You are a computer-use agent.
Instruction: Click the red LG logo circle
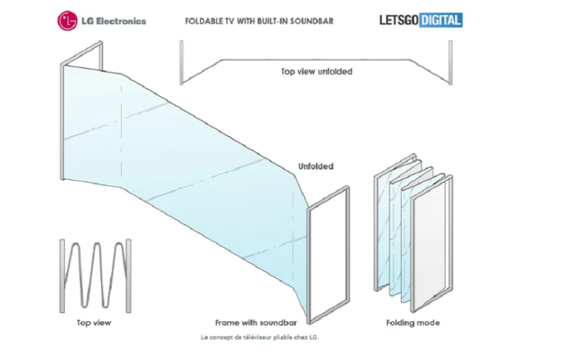pyautogui.click(x=68, y=21)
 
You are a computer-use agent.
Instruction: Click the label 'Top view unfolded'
pyautogui.click(x=316, y=72)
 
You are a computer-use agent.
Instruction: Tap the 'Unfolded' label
pyautogui.click(x=316, y=166)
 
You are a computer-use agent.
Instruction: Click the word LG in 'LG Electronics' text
pyautogui.click(x=90, y=21)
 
